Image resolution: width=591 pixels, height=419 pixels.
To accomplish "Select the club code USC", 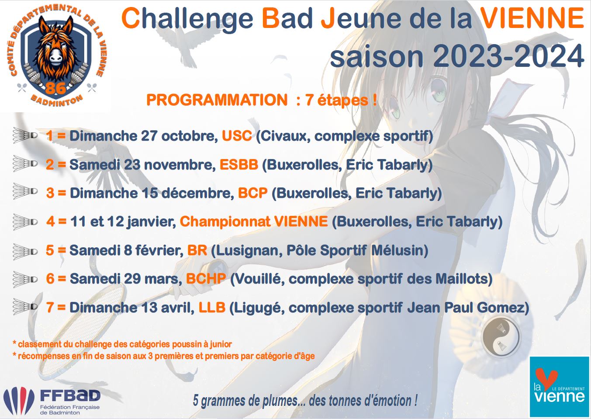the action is pos(237,136).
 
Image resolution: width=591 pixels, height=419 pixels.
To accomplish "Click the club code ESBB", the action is pos(239,164).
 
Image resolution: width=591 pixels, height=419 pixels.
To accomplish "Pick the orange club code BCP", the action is pos(253,193).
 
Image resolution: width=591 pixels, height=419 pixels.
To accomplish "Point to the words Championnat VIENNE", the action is pos(254,222).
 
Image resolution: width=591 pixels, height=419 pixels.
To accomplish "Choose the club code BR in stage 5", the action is pos(197,250).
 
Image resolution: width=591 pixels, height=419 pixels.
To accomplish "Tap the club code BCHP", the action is pos(206,279).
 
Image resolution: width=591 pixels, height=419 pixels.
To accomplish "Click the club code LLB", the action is pos(212,308).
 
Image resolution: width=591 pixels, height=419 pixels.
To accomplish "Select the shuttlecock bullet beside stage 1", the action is pos(25,135).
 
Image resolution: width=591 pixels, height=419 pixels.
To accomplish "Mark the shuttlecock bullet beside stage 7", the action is pos(25,307).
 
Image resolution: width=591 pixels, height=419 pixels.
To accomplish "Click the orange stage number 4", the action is pos(50,222).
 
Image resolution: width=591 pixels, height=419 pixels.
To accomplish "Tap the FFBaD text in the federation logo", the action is pos(70,395).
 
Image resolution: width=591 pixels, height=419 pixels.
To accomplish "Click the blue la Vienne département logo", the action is pos(559,387).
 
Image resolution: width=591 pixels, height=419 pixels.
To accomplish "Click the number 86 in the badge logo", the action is pos(55,87).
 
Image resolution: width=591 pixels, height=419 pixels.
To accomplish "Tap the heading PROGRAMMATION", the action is pos(217,100).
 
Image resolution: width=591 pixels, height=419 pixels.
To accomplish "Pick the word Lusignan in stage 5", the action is pos(247,250).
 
